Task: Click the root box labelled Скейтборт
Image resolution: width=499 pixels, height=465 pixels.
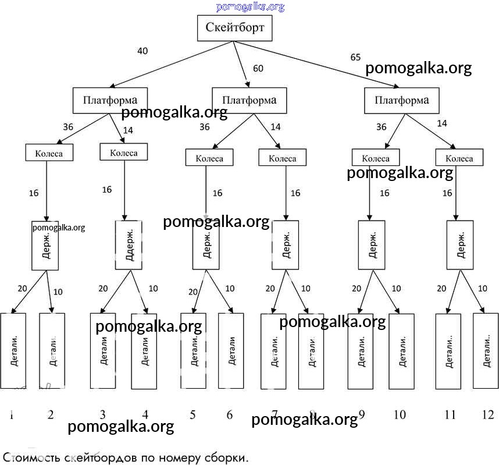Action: (x=234, y=27)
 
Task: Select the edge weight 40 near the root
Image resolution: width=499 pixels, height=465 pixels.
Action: (x=142, y=51)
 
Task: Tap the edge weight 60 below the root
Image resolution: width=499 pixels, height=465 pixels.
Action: (x=258, y=69)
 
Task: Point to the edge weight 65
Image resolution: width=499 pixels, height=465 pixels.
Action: (x=355, y=58)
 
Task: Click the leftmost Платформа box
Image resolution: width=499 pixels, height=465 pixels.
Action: (x=110, y=100)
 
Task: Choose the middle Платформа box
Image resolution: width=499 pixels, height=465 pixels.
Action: (x=249, y=100)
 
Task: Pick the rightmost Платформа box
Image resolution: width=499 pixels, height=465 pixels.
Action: (x=402, y=100)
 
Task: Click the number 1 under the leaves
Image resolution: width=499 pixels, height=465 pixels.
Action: (x=12, y=415)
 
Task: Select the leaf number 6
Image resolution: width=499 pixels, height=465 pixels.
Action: (x=229, y=415)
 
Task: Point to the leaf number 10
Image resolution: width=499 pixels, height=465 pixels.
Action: (x=400, y=415)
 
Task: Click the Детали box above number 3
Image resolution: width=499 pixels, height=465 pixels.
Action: (x=103, y=351)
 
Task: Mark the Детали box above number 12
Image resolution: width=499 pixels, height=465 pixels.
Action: (x=486, y=351)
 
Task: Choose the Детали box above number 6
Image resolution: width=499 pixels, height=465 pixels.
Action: (x=231, y=351)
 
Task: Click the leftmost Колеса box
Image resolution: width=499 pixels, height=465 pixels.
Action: (x=52, y=153)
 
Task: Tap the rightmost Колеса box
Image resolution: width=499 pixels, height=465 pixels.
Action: (x=459, y=158)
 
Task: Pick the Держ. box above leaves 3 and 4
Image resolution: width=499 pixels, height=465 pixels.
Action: (x=129, y=244)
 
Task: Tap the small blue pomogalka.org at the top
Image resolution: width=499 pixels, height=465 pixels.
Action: (x=250, y=7)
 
